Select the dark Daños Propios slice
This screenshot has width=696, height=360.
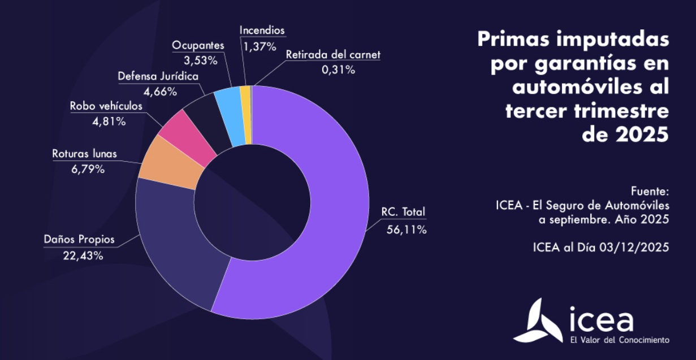click(x=175, y=249)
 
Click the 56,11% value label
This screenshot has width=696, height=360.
click(x=407, y=229)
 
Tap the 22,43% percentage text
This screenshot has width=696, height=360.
click(x=83, y=255)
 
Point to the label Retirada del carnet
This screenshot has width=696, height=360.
click(x=333, y=55)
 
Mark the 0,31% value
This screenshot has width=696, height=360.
click(x=338, y=70)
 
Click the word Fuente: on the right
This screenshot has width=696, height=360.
click(x=650, y=190)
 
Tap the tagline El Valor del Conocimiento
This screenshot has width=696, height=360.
click(x=620, y=340)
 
